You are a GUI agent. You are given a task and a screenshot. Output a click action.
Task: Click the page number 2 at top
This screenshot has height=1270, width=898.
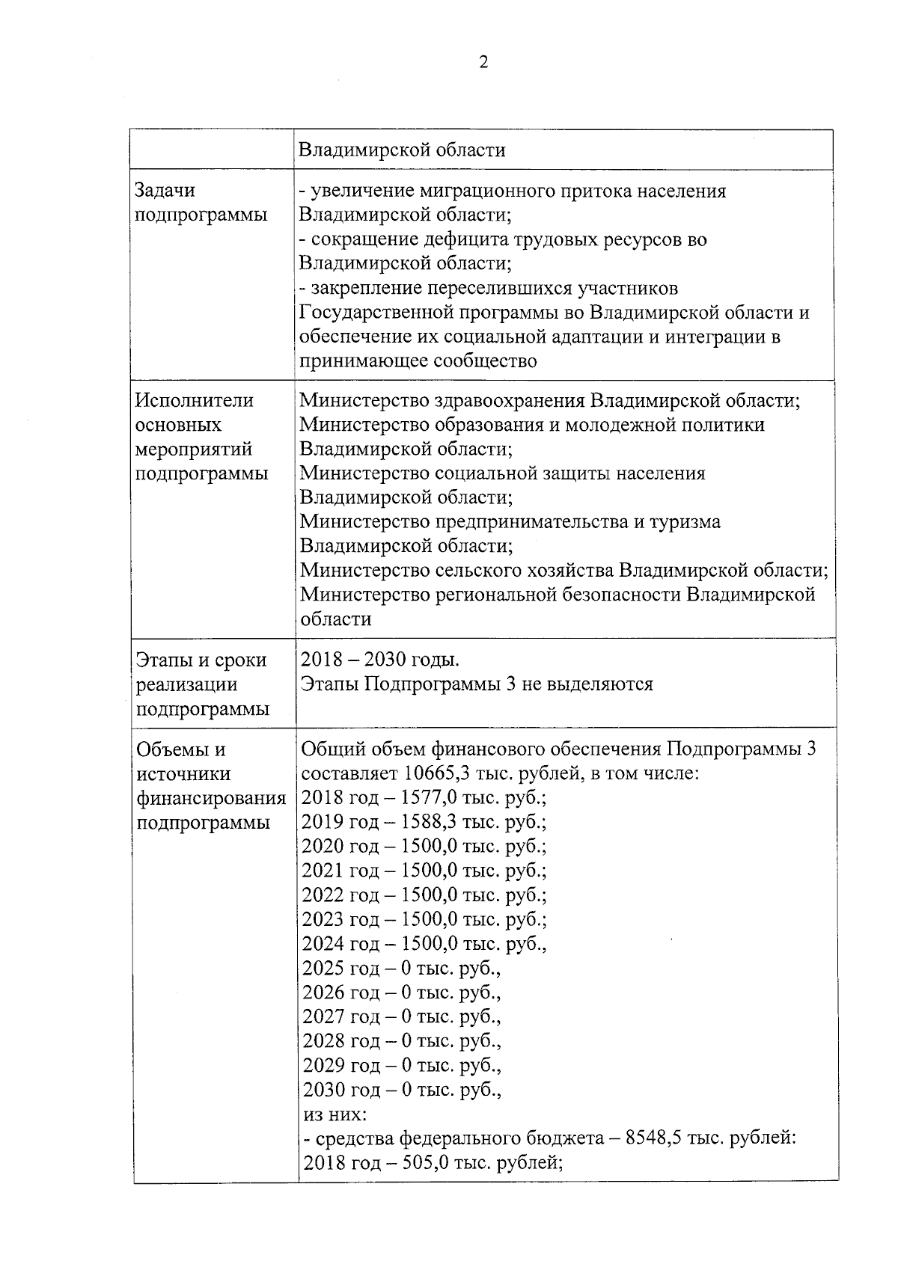[483, 63]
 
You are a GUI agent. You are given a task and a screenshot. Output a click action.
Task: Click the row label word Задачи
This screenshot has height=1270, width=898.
[165, 191]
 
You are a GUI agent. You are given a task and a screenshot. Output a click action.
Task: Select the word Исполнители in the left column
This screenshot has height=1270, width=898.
[194, 400]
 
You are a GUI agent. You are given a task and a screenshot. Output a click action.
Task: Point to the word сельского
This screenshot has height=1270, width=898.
[479, 571]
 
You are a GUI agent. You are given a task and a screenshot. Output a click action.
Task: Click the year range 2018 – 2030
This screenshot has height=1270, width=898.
[351, 660]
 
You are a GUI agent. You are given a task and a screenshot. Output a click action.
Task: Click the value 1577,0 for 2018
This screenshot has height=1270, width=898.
[429, 798]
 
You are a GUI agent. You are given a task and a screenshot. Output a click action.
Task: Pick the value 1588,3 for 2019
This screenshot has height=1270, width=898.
[429, 823]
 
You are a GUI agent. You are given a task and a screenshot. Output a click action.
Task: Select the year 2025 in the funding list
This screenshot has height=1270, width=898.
[323, 969]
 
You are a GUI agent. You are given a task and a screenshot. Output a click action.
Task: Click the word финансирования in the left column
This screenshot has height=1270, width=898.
[211, 799]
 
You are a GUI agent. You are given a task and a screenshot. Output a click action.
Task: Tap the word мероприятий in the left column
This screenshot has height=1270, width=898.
[194, 450]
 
